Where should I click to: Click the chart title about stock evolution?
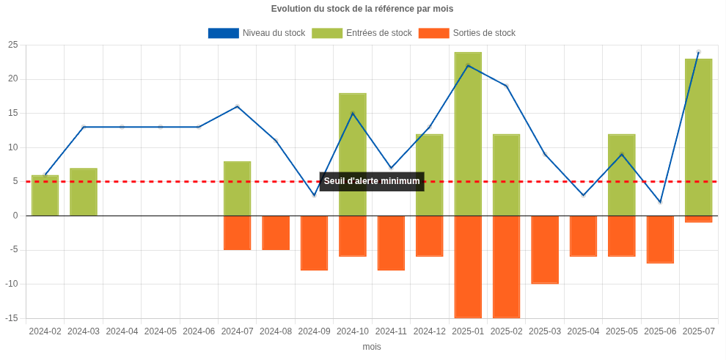pos(362,9)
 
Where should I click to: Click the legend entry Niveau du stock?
pos(257,33)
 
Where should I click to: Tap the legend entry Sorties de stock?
pos(467,33)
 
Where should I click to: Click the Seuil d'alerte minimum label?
pos(372,181)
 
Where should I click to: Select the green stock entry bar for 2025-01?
pos(468,133)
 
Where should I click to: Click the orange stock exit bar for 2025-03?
pos(545,249)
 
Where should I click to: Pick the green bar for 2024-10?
pos(353,154)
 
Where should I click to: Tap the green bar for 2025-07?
pos(698,137)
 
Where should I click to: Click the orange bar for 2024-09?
pos(314,243)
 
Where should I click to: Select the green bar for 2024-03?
pos(84,191)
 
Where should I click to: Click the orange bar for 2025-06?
pos(660,239)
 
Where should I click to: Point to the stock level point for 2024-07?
pos(238,106)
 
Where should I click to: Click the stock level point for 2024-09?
pos(314,195)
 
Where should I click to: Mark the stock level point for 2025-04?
pos(583,195)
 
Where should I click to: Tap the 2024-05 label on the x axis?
pos(161,331)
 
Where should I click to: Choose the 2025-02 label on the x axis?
pos(506,331)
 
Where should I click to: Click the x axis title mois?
pos(372,347)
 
